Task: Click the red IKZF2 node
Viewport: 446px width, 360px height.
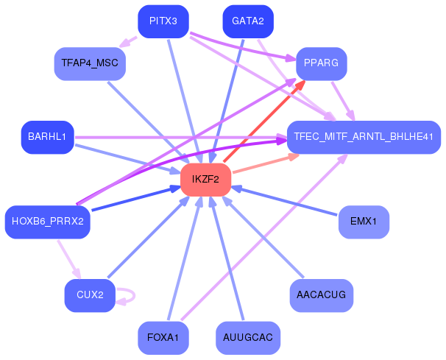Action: click(x=205, y=180)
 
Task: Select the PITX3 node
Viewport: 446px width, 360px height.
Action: click(x=163, y=21)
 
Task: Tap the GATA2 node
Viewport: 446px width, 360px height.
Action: click(x=247, y=21)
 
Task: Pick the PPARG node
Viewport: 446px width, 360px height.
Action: click(x=320, y=63)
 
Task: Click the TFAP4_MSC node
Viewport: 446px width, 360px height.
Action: click(x=90, y=64)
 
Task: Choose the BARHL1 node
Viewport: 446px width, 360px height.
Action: click(x=47, y=137)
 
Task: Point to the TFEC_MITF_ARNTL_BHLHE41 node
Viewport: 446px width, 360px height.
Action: click(x=363, y=137)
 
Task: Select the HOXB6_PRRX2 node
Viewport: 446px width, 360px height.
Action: click(x=47, y=222)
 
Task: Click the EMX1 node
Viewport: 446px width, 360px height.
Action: click(x=363, y=222)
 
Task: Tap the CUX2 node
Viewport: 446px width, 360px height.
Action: click(x=90, y=295)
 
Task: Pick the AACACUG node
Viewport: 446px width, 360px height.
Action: click(x=321, y=295)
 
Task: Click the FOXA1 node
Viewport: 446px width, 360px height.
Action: click(x=163, y=338)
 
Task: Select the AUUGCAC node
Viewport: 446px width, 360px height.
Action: click(x=247, y=338)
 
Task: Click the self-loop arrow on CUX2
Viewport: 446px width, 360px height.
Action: click(x=128, y=295)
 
